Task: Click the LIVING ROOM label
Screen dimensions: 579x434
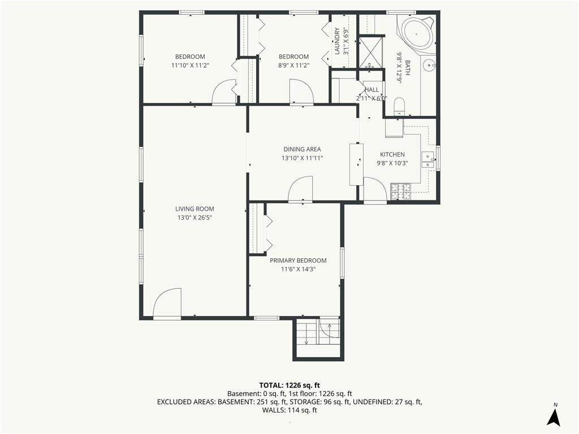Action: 195,209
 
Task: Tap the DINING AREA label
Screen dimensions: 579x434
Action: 302,149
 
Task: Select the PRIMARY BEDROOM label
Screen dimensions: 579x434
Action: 298,260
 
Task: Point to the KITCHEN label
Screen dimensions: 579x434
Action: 392,154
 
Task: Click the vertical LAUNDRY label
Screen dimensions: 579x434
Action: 337,41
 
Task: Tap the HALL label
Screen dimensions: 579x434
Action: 371,90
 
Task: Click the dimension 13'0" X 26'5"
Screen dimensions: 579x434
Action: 195,218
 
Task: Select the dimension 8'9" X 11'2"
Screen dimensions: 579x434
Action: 293,66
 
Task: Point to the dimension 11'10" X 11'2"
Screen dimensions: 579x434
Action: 190,66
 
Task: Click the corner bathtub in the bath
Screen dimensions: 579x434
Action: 416,34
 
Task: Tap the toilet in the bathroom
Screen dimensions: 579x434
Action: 400,107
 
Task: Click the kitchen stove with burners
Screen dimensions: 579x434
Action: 401,191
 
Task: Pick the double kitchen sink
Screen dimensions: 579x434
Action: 428,159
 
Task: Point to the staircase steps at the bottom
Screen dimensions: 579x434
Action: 307,332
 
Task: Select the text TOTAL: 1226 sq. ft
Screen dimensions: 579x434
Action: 289,385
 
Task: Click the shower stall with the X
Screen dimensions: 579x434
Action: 370,52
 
